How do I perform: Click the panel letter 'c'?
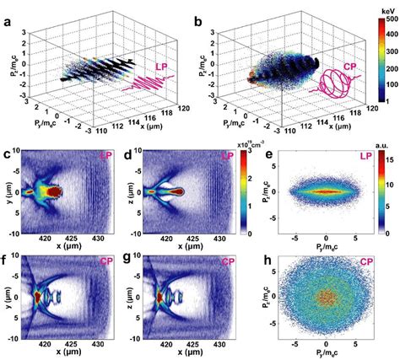[x=6, y=154]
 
